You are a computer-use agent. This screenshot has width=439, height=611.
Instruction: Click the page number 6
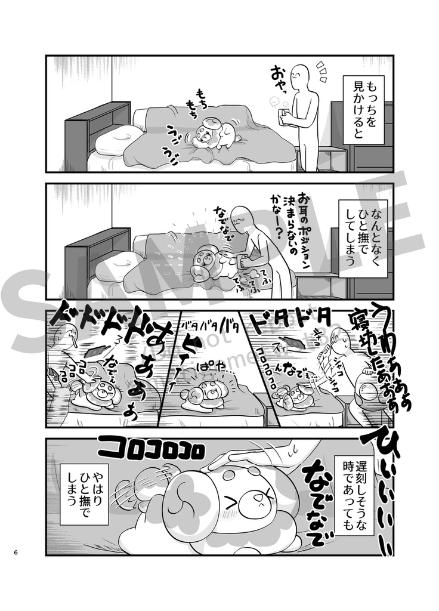16,551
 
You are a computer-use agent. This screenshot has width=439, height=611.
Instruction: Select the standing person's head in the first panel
309,76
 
